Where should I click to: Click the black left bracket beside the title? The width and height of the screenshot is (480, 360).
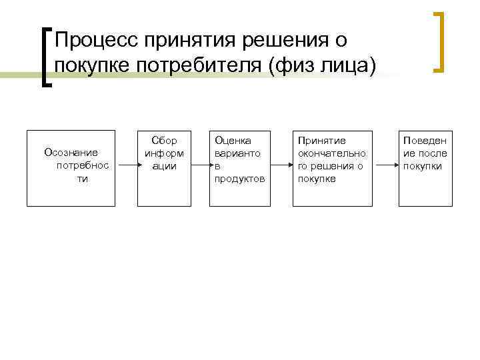coord(47,56)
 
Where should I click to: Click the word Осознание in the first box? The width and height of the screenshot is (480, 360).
coord(71,152)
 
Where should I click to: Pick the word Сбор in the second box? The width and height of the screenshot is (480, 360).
coord(164,141)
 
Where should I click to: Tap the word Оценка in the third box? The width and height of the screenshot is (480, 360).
coord(232,141)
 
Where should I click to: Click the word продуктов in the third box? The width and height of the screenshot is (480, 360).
coord(239,179)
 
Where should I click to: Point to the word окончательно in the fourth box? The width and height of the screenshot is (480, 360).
coord(331,153)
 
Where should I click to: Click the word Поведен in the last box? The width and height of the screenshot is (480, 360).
coord(425,141)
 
